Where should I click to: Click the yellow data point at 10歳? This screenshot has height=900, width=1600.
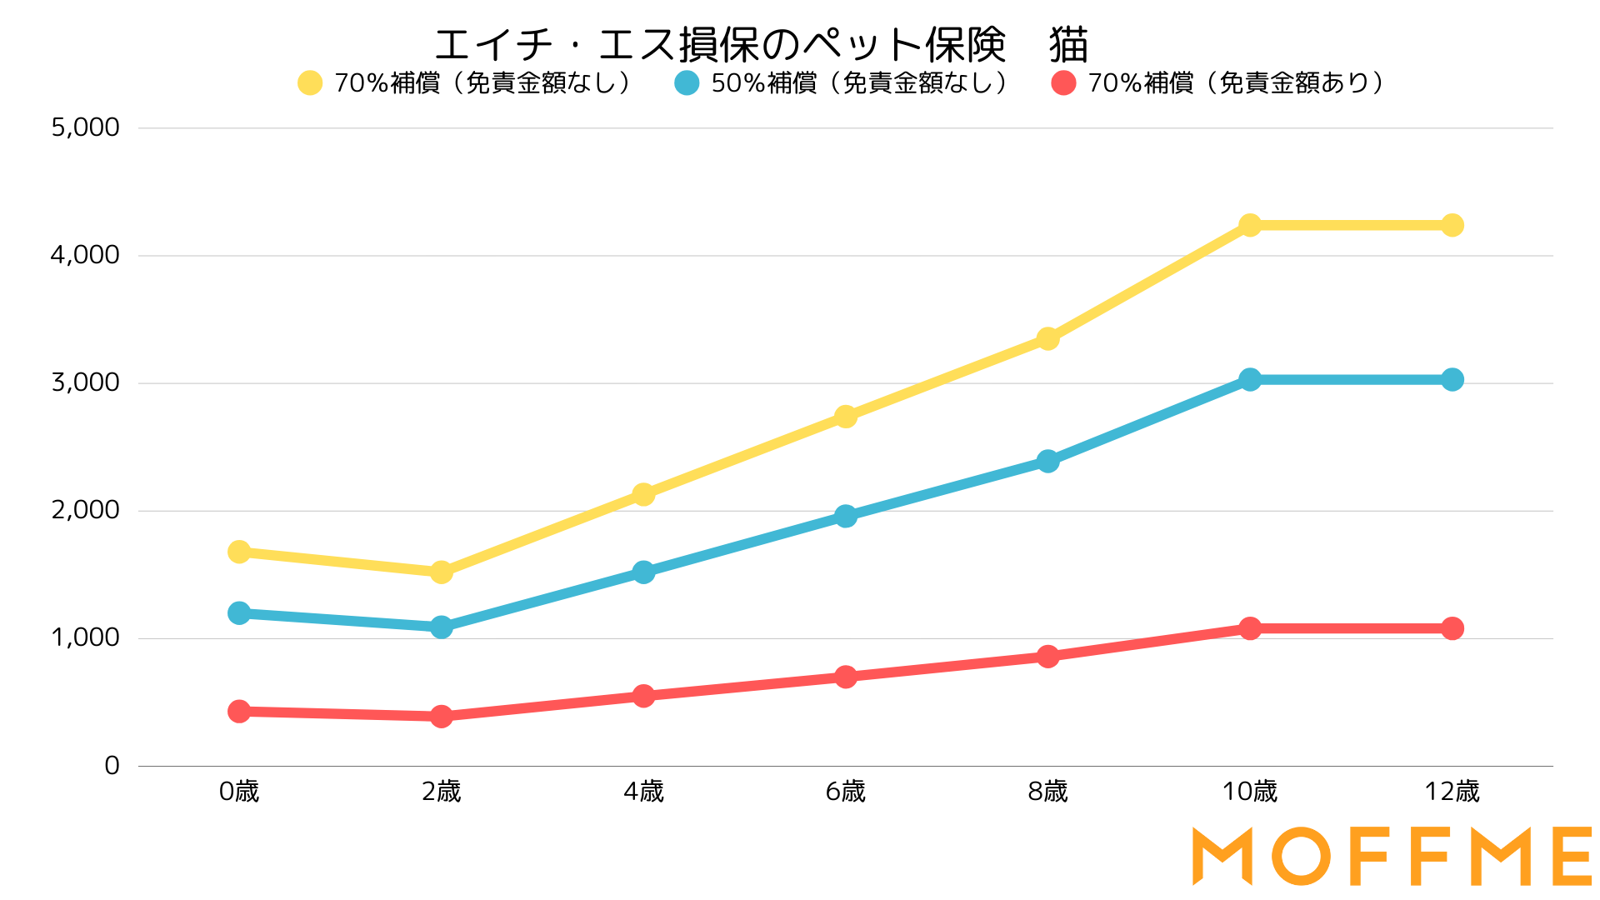pyautogui.click(x=1250, y=225)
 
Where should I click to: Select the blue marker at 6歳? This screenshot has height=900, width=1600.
pyautogui.click(x=846, y=516)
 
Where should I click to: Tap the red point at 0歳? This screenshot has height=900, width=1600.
pyautogui.click(x=239, y=711)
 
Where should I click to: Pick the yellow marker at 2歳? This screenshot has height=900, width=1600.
pyautogui.click(x=442, y=572)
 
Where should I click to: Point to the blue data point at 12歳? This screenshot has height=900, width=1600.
pyautogui.click(x=1452, y=380)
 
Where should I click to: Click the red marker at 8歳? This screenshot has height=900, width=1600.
pyautogui.click(x=1048, y=657)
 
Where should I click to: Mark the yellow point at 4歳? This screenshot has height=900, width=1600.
pyautogui.click(x=643, y=494)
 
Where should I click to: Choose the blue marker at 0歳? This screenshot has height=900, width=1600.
pyautogui.click(x=239, y=613)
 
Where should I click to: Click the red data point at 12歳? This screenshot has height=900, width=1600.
pyautogui.click(x=1452, y=628)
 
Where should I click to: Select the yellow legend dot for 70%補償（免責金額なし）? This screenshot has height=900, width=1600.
pyautogui.click(x=310, y=83)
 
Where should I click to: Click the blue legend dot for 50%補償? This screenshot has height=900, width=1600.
pyautogui.click(x=687, y=83)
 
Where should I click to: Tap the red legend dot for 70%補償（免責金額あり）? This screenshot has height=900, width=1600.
pyautogui.click(x=1063, y=83)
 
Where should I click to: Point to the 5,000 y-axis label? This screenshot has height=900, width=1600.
pyautogui.click(x=85, y=127)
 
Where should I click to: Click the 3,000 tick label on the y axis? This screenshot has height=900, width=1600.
pyautogui.click(x=85, y=382)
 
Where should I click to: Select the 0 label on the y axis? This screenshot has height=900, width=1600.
pyautogui.click(x=112, y=765)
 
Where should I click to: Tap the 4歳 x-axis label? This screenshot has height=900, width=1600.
pyautogui.click(x=643, y=792)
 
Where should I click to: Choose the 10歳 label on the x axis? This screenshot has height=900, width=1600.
pyautogui.click(x=1250, y=792)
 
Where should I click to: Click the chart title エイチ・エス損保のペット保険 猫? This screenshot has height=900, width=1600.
pyautogui.click(x=761, y=45)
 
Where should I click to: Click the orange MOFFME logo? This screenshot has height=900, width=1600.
pyautogui.click(x=1392, y=856)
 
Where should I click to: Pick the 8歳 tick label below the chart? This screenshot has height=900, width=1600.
pyautogui.click(x=1048, y=792)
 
